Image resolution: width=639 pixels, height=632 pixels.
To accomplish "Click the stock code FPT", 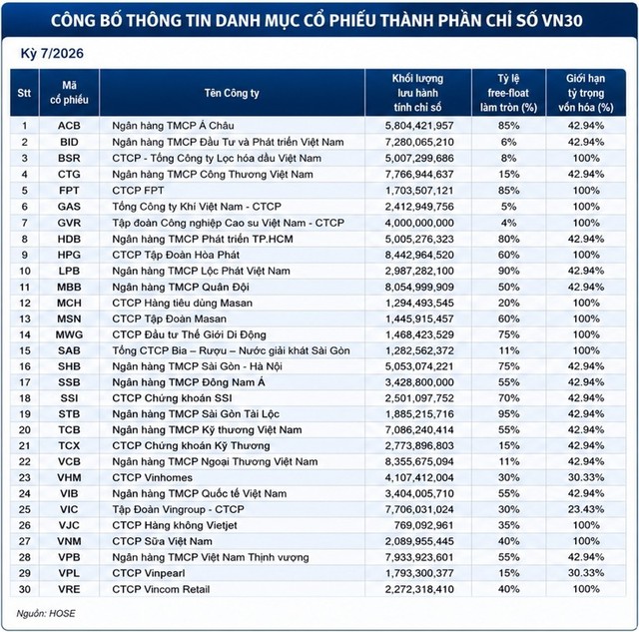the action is (69, 191).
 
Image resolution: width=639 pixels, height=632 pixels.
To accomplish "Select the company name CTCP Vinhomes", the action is (152, 477).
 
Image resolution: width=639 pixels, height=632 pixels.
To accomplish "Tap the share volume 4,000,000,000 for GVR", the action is (419, 223).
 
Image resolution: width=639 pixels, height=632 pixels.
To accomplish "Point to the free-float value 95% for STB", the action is (508, 414).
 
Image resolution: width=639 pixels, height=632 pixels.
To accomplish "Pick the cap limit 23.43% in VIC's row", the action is (586, 509).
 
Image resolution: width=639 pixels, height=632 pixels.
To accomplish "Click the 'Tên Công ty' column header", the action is (232, 93).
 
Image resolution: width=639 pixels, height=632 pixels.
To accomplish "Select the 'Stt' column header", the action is (24, 93).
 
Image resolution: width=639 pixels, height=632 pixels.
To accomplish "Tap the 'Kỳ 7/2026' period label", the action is (52, 53).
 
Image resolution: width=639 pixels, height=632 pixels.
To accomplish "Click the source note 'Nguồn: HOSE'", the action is (46, 614).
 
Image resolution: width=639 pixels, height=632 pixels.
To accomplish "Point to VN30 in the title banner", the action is (561, 20).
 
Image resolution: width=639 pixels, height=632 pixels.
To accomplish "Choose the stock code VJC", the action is (69, 525).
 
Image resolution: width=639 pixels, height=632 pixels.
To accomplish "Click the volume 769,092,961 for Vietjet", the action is (423, 525).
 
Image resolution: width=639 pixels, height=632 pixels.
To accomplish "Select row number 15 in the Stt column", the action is (24, 350).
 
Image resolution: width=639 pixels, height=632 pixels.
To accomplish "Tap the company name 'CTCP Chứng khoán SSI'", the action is (172, 398).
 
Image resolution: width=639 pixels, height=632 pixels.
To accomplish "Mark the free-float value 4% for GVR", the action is (508, 223).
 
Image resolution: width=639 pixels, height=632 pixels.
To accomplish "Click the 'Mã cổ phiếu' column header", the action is (69, 93).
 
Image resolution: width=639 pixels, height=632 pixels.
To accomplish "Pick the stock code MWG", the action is (69, 334).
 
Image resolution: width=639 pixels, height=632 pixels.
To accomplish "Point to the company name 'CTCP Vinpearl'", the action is (149, 573).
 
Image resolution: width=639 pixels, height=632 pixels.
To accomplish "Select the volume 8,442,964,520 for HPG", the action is (419, 255).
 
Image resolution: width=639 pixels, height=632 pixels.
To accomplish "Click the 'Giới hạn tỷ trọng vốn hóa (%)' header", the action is (586, 93).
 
